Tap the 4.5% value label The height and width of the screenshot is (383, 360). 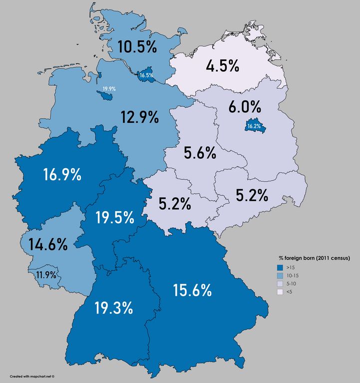222,66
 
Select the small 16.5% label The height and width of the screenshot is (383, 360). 146,75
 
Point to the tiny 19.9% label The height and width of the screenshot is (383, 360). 109,88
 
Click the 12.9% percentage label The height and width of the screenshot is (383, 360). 139,117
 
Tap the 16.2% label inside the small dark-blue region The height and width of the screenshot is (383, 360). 254,126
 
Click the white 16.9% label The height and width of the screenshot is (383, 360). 62,175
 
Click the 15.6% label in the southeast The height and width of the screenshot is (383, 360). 193,290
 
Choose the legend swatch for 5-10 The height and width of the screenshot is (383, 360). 281,283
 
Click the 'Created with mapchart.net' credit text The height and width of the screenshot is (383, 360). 32,376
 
